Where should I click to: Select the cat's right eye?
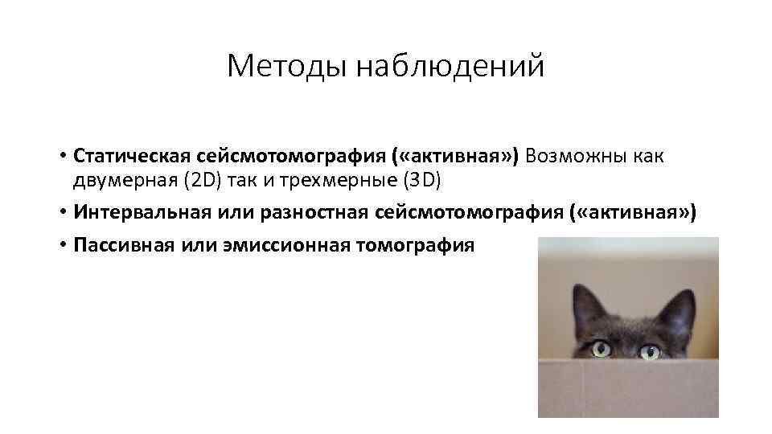click(x=649, y=351)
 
